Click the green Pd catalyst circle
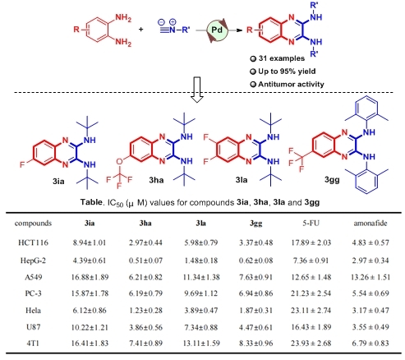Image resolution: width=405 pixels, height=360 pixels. pos(217,30)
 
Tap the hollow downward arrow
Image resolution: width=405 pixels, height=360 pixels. pos(197,90)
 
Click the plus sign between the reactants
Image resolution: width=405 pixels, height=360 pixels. pos(140,29)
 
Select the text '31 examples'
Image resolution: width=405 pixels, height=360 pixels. pos(281,58)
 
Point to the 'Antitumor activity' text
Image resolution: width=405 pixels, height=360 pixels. pos(291,84)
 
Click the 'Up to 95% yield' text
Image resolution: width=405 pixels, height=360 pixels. pos(287,72)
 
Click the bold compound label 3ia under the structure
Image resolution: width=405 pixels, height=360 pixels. pos(58,181)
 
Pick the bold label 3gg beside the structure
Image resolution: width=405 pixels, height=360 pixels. pos(332,180)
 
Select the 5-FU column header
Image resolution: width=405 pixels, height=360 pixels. pos(311,224)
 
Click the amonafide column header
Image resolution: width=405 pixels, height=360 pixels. pos(370,224)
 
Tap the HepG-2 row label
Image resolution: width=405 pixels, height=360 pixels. pos(33,261)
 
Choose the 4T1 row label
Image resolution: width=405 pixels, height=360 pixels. pos(33,343)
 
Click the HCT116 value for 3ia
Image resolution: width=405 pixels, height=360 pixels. pos(90,242)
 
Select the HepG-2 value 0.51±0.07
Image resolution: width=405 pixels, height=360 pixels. pos(145,261)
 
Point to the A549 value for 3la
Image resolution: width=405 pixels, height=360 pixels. pos(201,277)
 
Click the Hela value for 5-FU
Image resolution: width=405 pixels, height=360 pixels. pos(311,311)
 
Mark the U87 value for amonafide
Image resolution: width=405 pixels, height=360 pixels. pos(370,327)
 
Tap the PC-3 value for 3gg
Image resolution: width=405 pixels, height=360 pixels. pos(255,293)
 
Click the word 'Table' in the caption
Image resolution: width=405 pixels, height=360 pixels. pos(91,202)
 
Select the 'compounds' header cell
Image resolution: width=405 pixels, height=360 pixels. pos(33,224)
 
